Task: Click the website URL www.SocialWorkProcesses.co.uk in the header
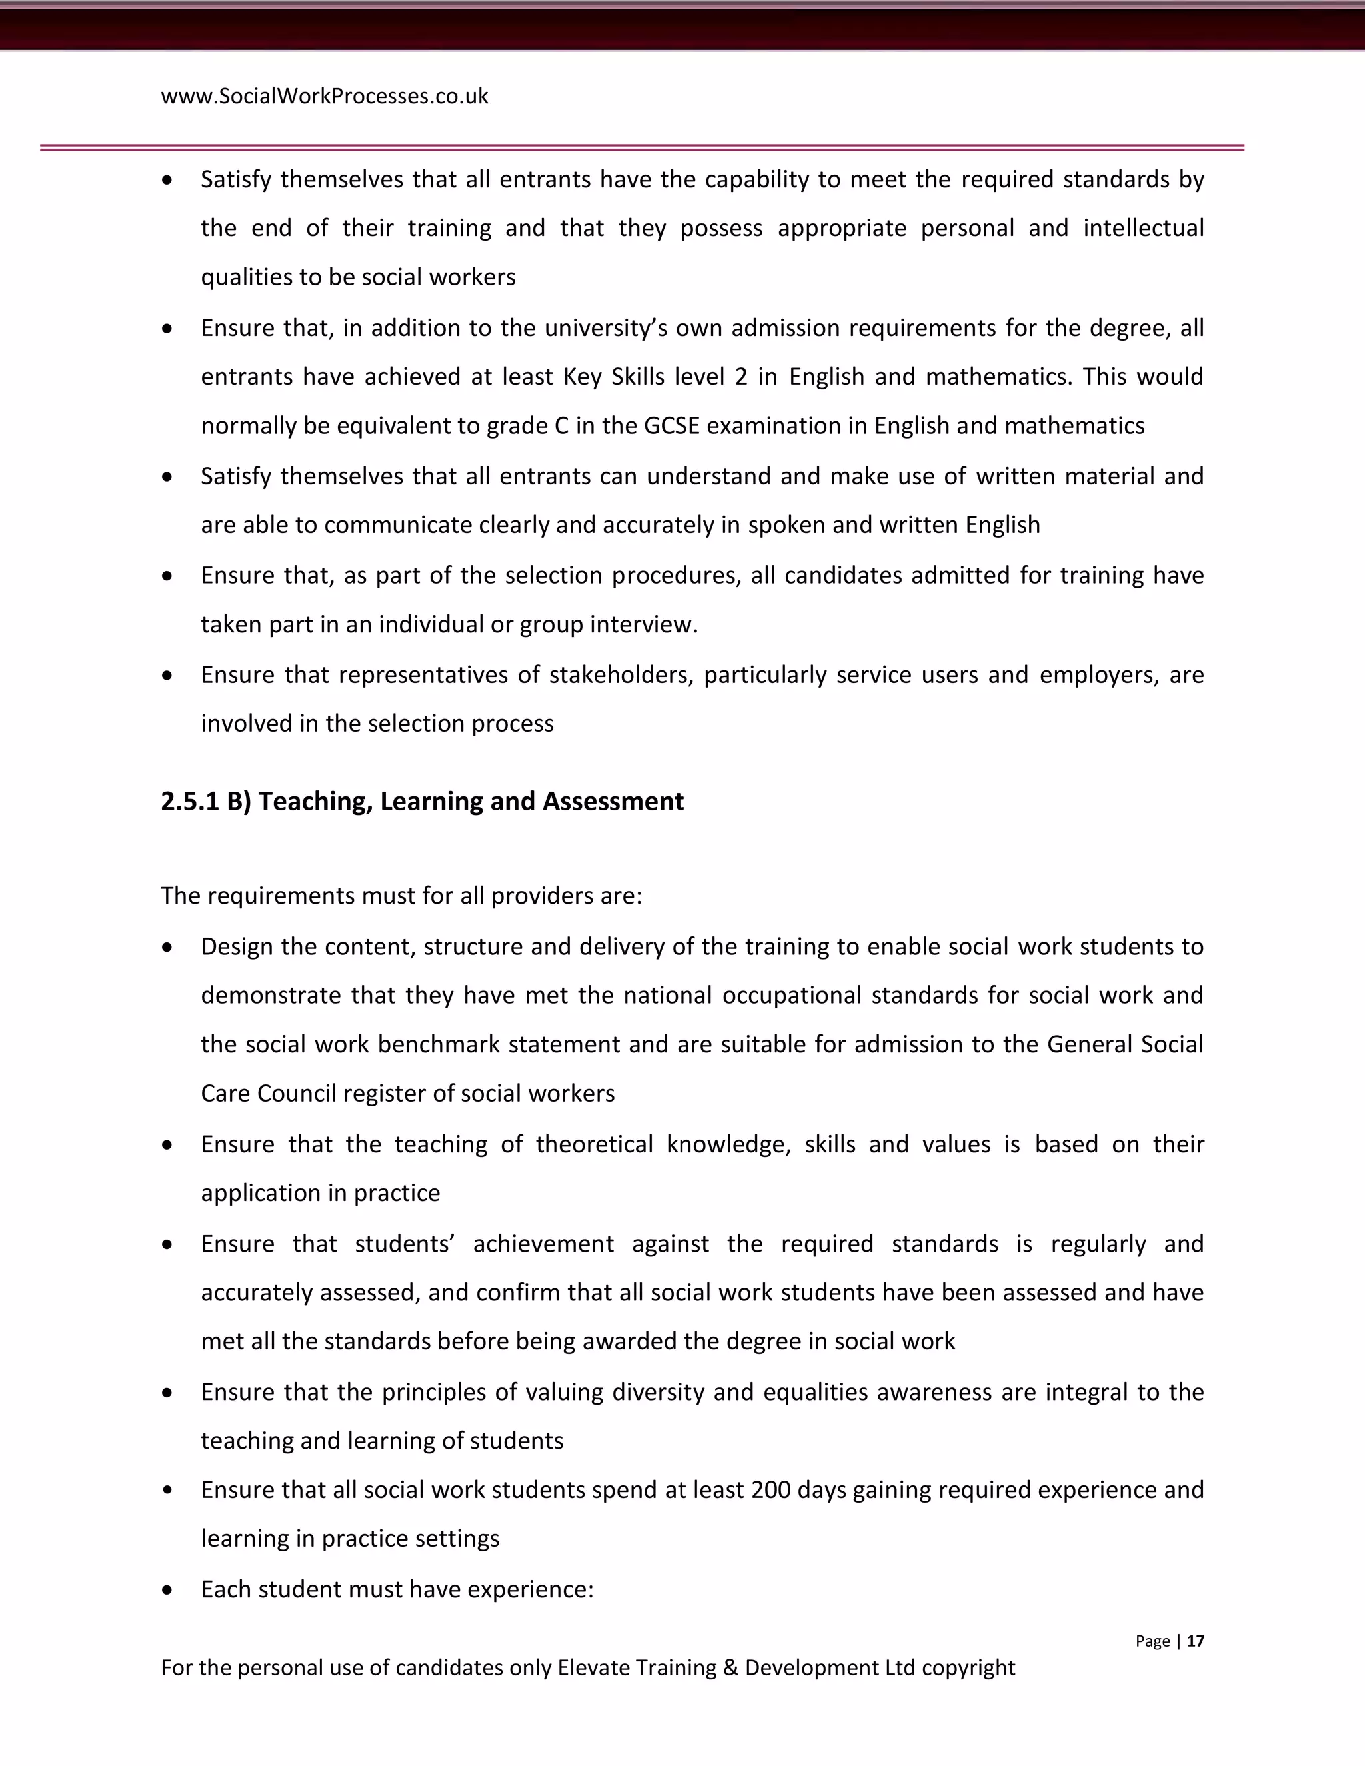(x=325, y=96)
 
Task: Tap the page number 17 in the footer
(x=1195, y=1641)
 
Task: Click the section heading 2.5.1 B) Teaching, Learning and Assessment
(x=422, y=801)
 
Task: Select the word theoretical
(x=594, y=1144)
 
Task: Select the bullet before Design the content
(x=167, y=947)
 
